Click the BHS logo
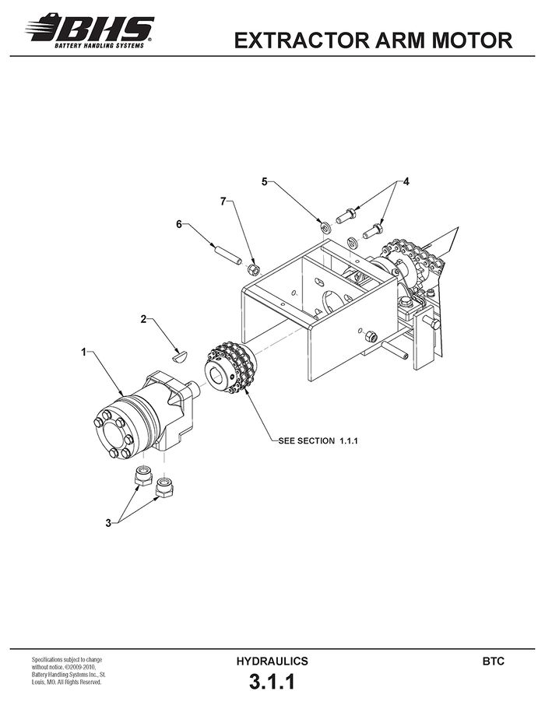click(x=90, y=30)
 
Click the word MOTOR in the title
click(x=472, y=40)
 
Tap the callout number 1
click(x=83, y=352)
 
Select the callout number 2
click(x=143, y=319)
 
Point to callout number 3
click(x=108, y=523)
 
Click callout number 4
click(x=406, y=181)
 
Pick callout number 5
click(x=265, y=181)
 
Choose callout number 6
click(x=179, y=224)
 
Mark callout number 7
click(x=223, y=201)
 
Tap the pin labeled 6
click(x=227, y=254)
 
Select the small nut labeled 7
click(x=253, y=269)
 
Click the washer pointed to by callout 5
click(x=325, y=226)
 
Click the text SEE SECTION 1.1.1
click(x=318, y=441)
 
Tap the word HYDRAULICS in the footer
click(x=272, y=661)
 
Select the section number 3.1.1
click(x=272, y=682)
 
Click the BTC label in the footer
click(x=494, y=661)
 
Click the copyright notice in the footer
click(x=69, y=671)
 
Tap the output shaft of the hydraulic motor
click(x=195, y=388)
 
